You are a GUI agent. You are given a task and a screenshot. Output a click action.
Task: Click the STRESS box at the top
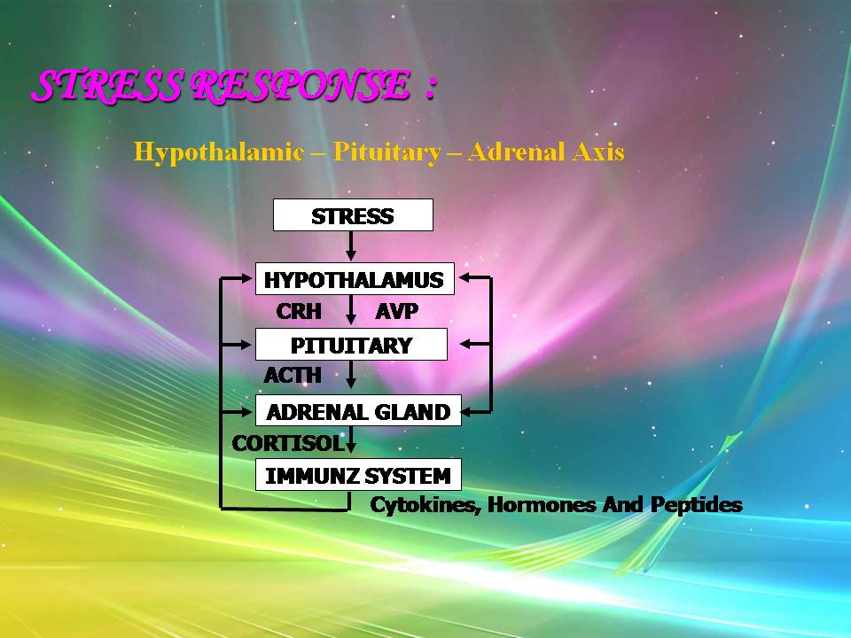(x=353, y=215)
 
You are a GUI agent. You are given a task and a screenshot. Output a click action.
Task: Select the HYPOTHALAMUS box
(x=355, y=279)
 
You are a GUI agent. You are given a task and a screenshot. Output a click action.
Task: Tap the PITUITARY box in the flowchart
(x=351, y=345)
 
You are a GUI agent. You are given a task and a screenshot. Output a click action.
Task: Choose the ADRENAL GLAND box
(x=358, y=410)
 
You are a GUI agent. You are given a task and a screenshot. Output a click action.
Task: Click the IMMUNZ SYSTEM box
(x=358, y=475)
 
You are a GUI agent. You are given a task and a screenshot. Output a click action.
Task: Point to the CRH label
(x=299, y=311)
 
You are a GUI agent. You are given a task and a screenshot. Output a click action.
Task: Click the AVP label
(x=397, y=311)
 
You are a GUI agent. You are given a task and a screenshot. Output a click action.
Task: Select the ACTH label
(x=293, y=375)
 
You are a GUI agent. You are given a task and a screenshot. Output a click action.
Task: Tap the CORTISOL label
(x=288, y=443)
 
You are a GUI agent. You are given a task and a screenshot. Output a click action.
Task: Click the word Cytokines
(x=425, y=505)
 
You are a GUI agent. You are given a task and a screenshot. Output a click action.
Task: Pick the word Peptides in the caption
(x=697, y=505)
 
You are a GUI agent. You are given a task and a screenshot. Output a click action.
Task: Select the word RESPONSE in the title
(x=300, y=86)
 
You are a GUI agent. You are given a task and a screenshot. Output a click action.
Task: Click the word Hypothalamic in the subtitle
(x=219, y=152)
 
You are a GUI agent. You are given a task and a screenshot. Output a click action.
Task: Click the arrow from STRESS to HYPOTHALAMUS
(x=351, y=245)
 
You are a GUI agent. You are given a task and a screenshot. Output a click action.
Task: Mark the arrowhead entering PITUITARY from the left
(x=246, y=345)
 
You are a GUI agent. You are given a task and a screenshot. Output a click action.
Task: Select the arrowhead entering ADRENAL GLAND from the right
(x=468, y=412)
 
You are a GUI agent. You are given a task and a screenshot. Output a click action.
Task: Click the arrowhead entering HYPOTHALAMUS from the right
(x=465, y=277)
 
